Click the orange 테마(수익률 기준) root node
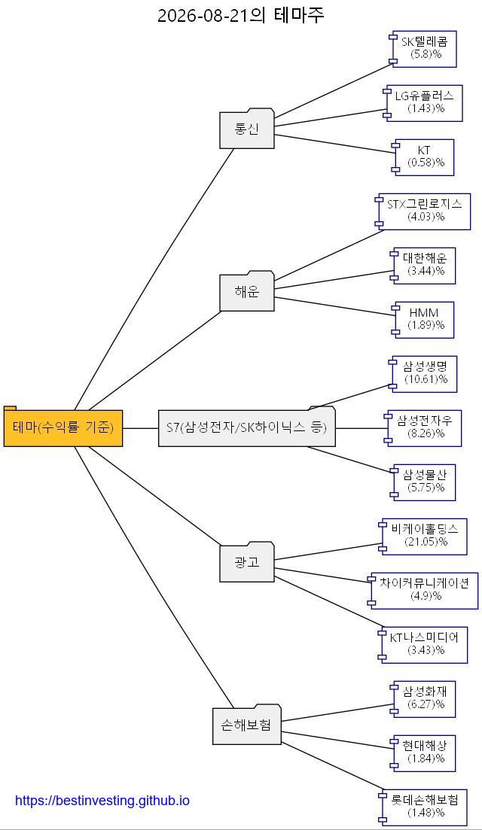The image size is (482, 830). click(x=63, y=427)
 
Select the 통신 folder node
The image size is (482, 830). click(x=247, y=129)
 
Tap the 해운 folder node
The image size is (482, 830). click(x=247, y=291)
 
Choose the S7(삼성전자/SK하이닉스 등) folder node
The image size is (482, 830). click(x=247, y=427)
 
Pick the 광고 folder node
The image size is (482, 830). click(x=247, y=562)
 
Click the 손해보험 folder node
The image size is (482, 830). click(x=246, y=725)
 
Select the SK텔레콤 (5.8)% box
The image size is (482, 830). click(x=423, y=49)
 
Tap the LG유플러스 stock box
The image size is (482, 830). click(x=423, y=103)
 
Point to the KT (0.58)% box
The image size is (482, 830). click(x=423, y=157)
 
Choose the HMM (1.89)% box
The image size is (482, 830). click(x=423, y=320)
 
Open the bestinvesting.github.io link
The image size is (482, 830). click(x=102, y=801)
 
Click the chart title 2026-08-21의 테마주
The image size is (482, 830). click(x=241, y=15)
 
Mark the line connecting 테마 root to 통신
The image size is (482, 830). click(x=154, y=279)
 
